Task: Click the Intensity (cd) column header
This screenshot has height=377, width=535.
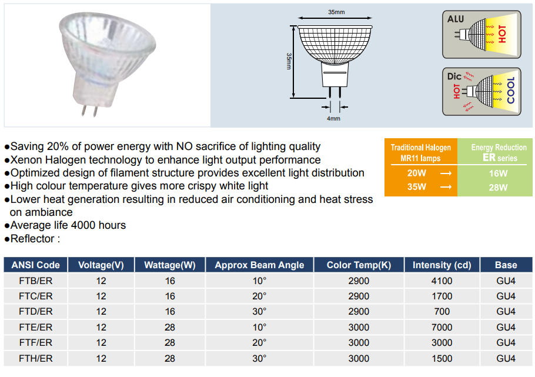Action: pyautogui.click(x=442, y=265)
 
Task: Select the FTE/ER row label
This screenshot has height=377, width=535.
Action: pyautogui.click(x=36, y=327)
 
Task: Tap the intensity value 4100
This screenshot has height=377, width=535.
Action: pyautogui.click(x=442, y=281)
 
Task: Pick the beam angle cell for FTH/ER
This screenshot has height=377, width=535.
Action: pyautogui.click(x=259, y=358)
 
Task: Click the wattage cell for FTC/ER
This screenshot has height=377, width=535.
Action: pyautogui.click(x=170, y=296)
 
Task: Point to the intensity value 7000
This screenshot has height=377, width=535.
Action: pyautogui.click(x=442, y=327)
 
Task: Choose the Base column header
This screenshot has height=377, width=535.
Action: pyautogui.click(x=506, y=265)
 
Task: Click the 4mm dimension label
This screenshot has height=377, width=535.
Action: pyautogui.click(x=333, y=118)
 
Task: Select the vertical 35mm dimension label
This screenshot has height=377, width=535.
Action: pyautogui.click(x=289, y=62)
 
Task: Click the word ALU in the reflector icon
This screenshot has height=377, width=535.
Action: pyautogui.click(x=456, y=19)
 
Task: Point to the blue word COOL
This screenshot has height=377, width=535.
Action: pyautogui.click(x=510, y=90)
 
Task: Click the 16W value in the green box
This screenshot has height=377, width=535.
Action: pyautogui.click(x=498, y=173)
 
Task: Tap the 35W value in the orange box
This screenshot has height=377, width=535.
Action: pyautogui.click(x=417, y=187)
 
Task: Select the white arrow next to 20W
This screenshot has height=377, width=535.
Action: pyautogui.click(x=446, y=174)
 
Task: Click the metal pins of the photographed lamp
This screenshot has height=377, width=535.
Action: pyautogui.click(x=89, y=110)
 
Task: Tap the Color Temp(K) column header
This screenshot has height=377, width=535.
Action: pyautogui.click(x=359, y=265)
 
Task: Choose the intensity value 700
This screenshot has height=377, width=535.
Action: pyautogui.click(x=442, y=312)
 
